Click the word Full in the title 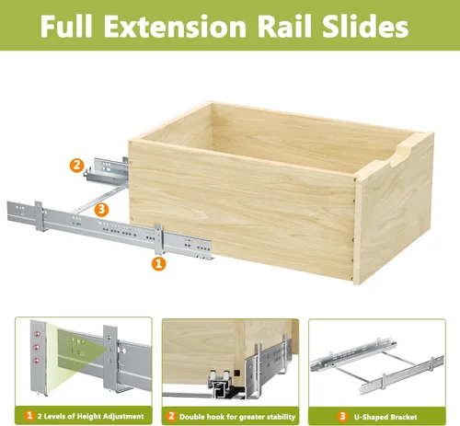pyautogui.click(x=66, y=26)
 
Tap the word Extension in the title pyautogui.click(x=175, y=26)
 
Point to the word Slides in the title pyautogui.click(x=365, y=26)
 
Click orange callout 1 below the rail pyautogui.click(x=158, y=264)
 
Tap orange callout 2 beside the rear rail pyautogui.click(x=76, y=166)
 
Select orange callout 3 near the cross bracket pyautogui.click(x=101, y=210)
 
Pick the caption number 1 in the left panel pyautogui.click(x=29, y=416)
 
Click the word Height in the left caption pyautogui.click(x=88, y=416)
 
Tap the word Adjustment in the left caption pyautogui.click(x=123, y=416)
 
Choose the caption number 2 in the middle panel pyautogui.click(x=171, y=416)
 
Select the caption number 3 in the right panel pyautogui.click(x=342, y=416)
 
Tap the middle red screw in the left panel pyautogui.click(x=37, y=347)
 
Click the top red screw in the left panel pyautogui.click(x=38, y=334)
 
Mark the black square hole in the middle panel pyautogui.click(x=236, y=374)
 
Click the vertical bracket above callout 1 pyautogui.click(x=158, y=239)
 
